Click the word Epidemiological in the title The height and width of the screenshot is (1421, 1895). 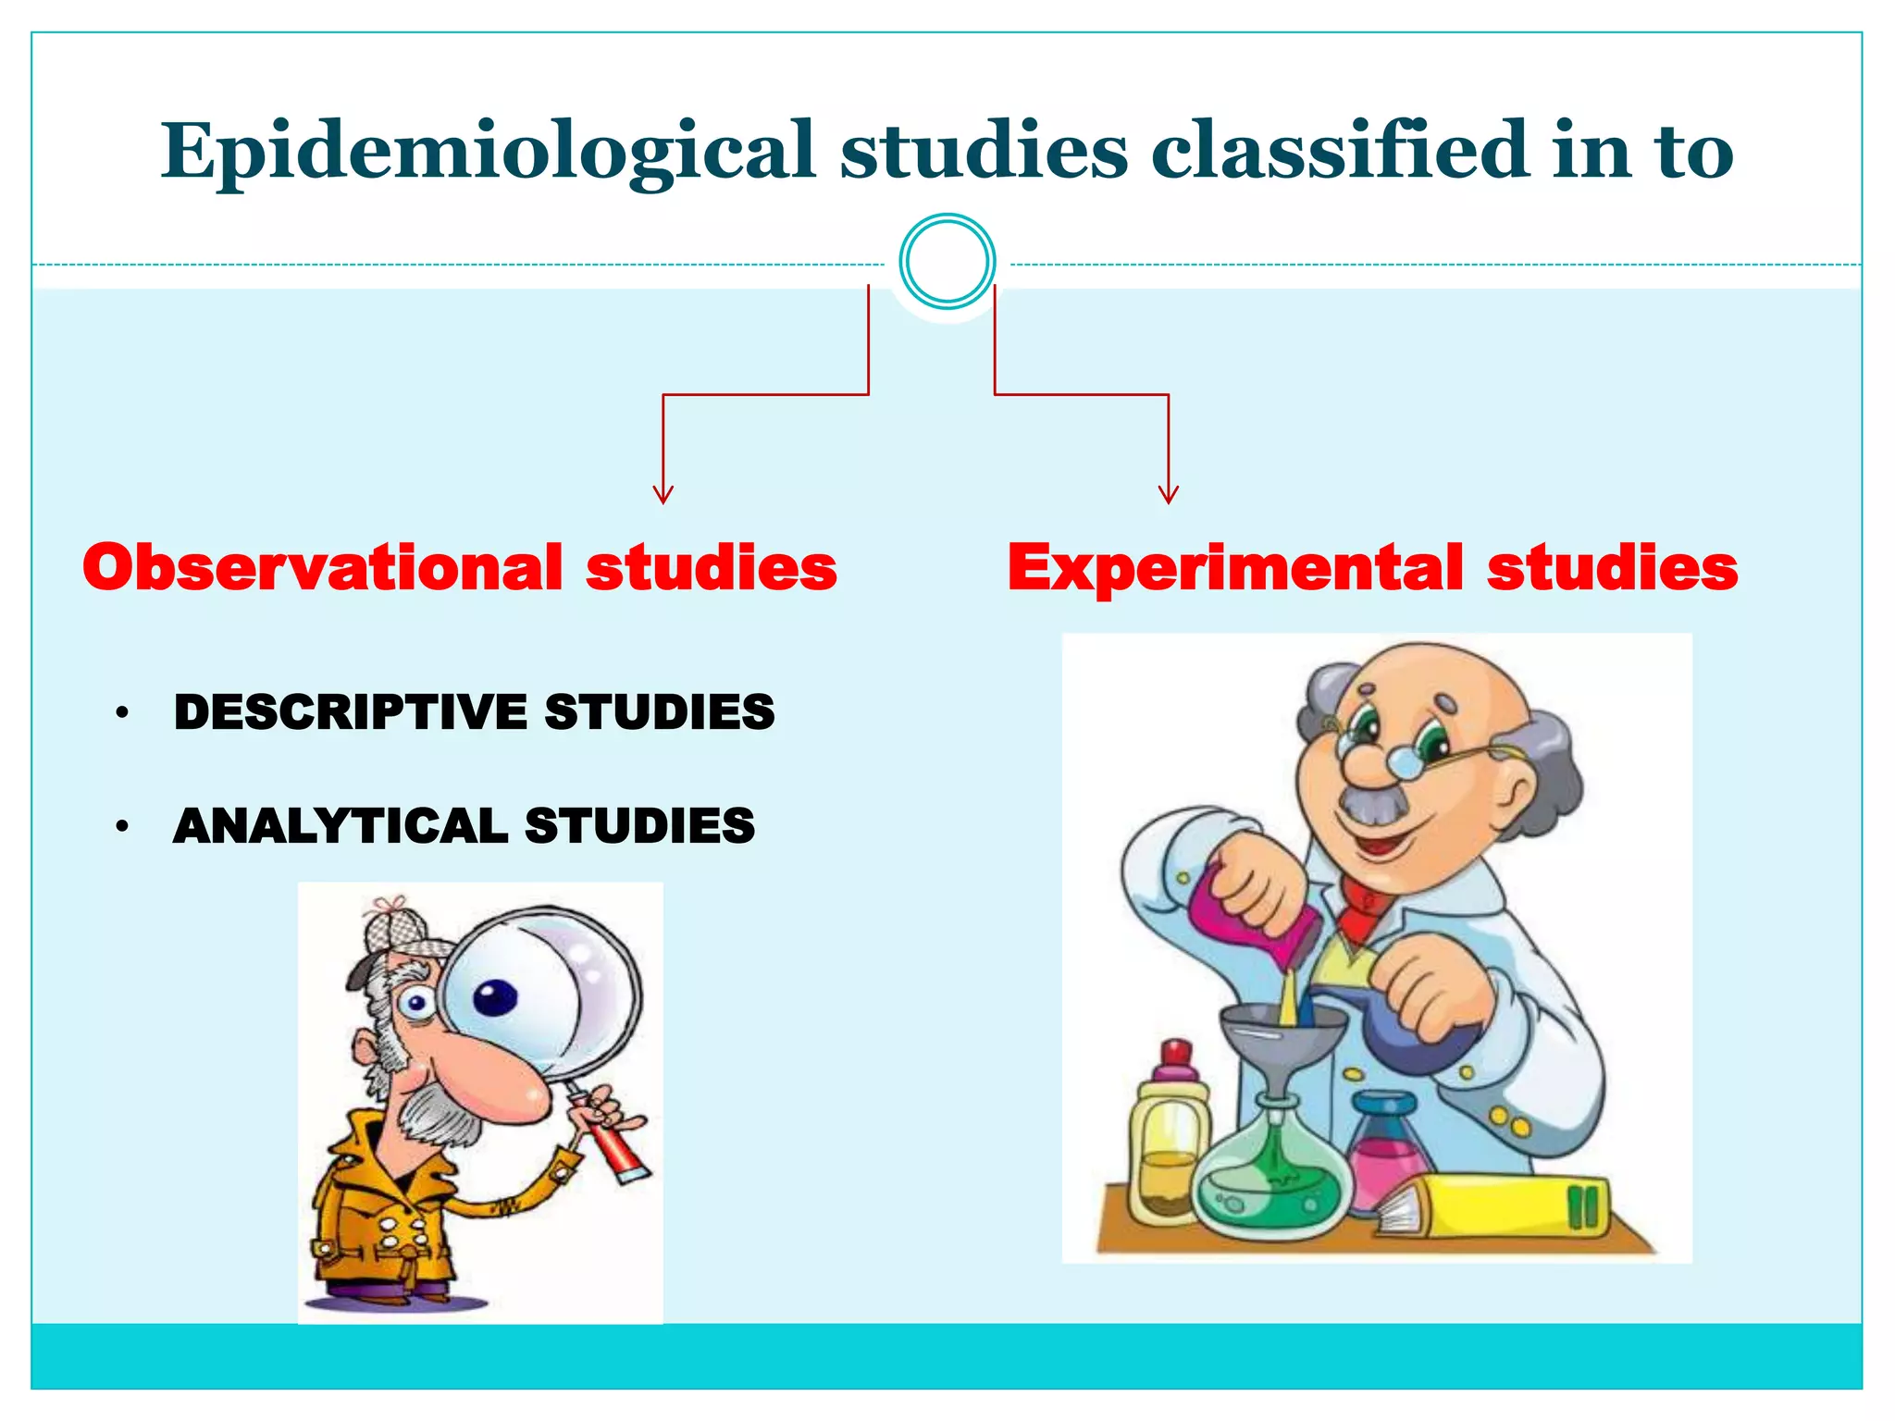[488, 151]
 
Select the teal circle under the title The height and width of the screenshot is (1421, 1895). [947, 262]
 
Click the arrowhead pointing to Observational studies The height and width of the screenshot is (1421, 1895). [663, 495]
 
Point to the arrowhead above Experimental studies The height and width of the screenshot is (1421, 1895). [1169, 495]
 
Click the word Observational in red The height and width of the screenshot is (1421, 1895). [322, 567]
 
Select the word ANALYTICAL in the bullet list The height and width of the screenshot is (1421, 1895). [340, 826]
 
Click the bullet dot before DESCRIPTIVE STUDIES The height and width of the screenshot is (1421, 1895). [121, 713]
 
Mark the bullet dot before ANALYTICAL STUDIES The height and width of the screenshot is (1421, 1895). [121, 827]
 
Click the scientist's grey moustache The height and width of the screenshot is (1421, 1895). [1374, 805]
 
